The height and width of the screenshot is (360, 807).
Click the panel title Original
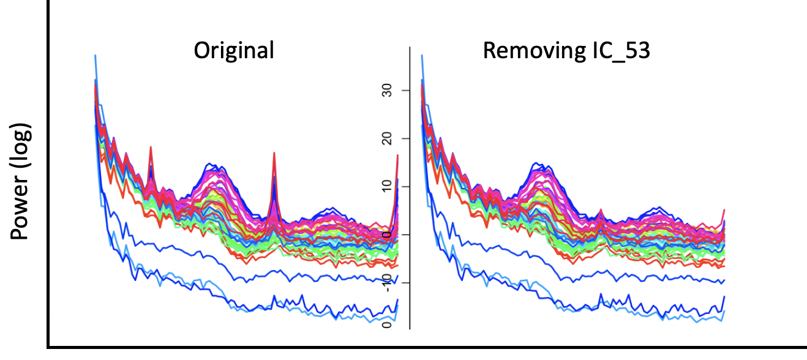coord(234,50)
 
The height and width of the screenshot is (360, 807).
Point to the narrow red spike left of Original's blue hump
coord(151,148)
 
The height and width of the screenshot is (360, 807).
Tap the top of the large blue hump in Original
coord(211,164)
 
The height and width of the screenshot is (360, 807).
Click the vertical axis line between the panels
coord(409,184)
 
